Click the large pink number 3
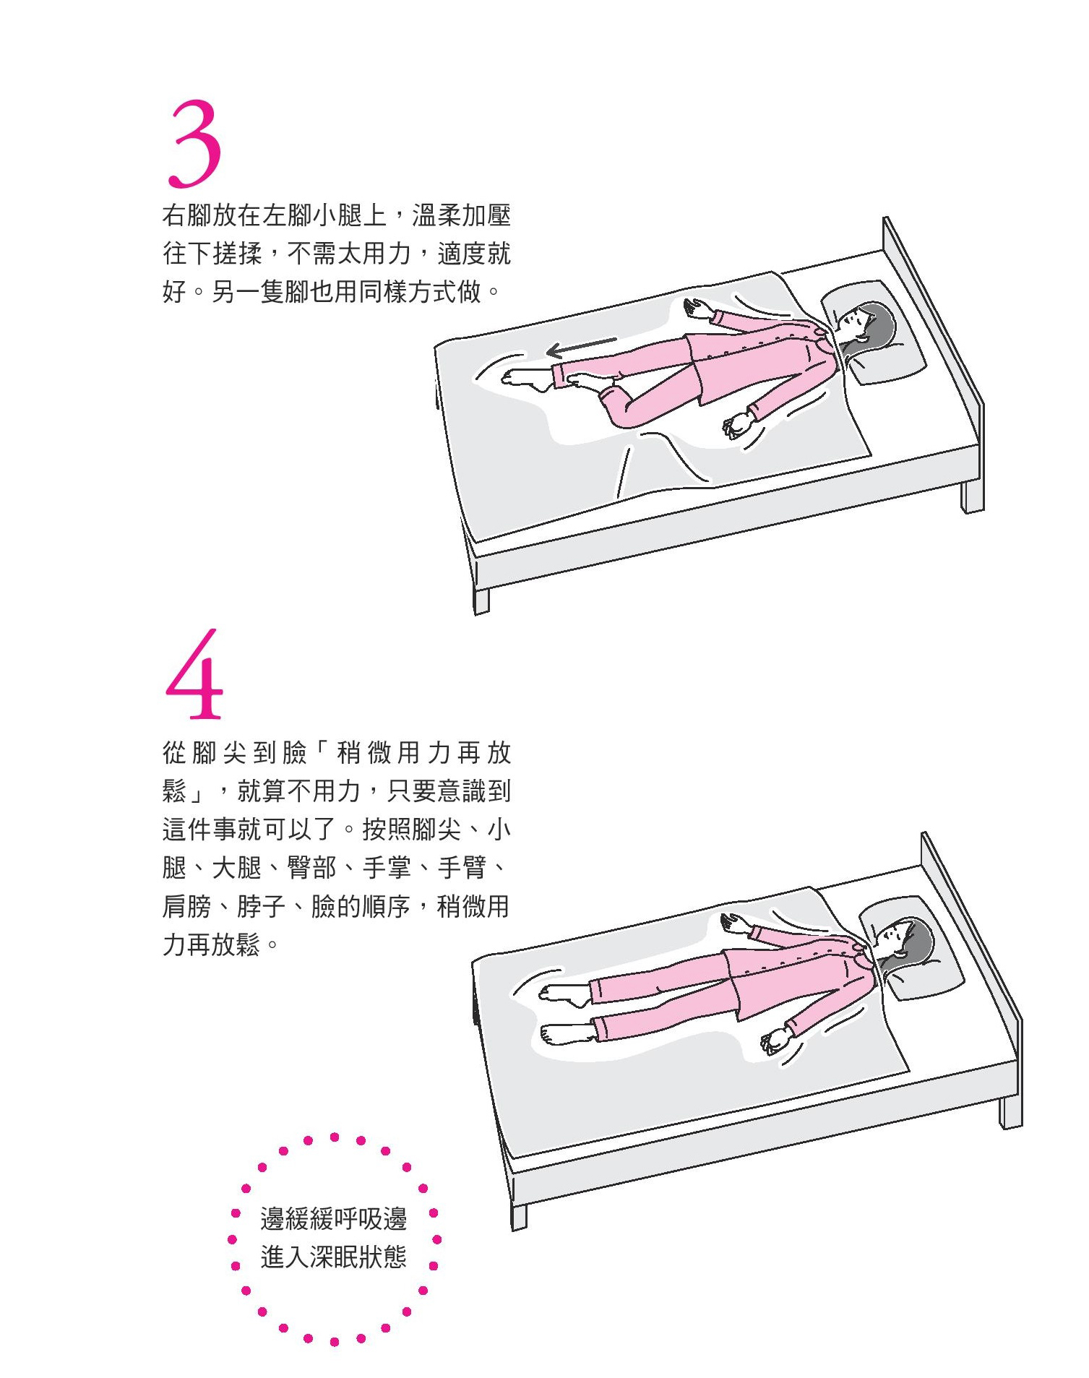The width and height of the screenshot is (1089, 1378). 194,143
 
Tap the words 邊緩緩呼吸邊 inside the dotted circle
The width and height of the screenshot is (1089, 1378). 334,1219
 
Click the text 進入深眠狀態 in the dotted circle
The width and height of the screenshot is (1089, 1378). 334,1257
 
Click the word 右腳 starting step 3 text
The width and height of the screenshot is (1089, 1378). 186,215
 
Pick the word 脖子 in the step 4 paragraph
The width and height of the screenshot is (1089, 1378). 262,906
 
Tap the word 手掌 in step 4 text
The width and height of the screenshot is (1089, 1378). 387,867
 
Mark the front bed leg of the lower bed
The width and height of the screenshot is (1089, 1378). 519,1216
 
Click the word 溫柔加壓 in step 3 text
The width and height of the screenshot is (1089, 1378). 462,215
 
